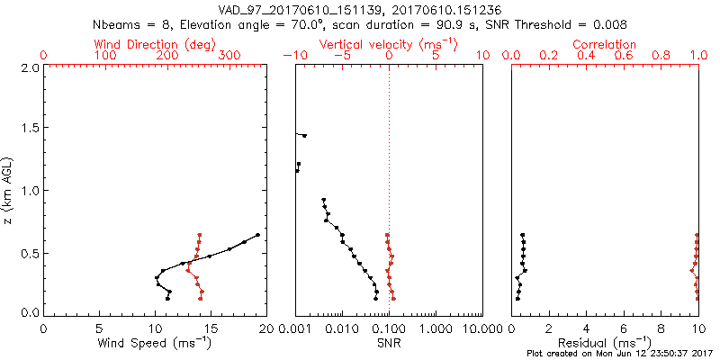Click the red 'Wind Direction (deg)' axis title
[x=155, y=44]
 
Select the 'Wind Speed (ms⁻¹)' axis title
[x=155, y=343]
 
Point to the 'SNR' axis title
[x=389, y=343]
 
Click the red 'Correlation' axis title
[x=605, y=44]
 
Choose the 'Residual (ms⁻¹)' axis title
[x=605, y=343]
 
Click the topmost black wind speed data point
[x=257, y=235]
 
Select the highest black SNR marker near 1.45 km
[x=304, y=136]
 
